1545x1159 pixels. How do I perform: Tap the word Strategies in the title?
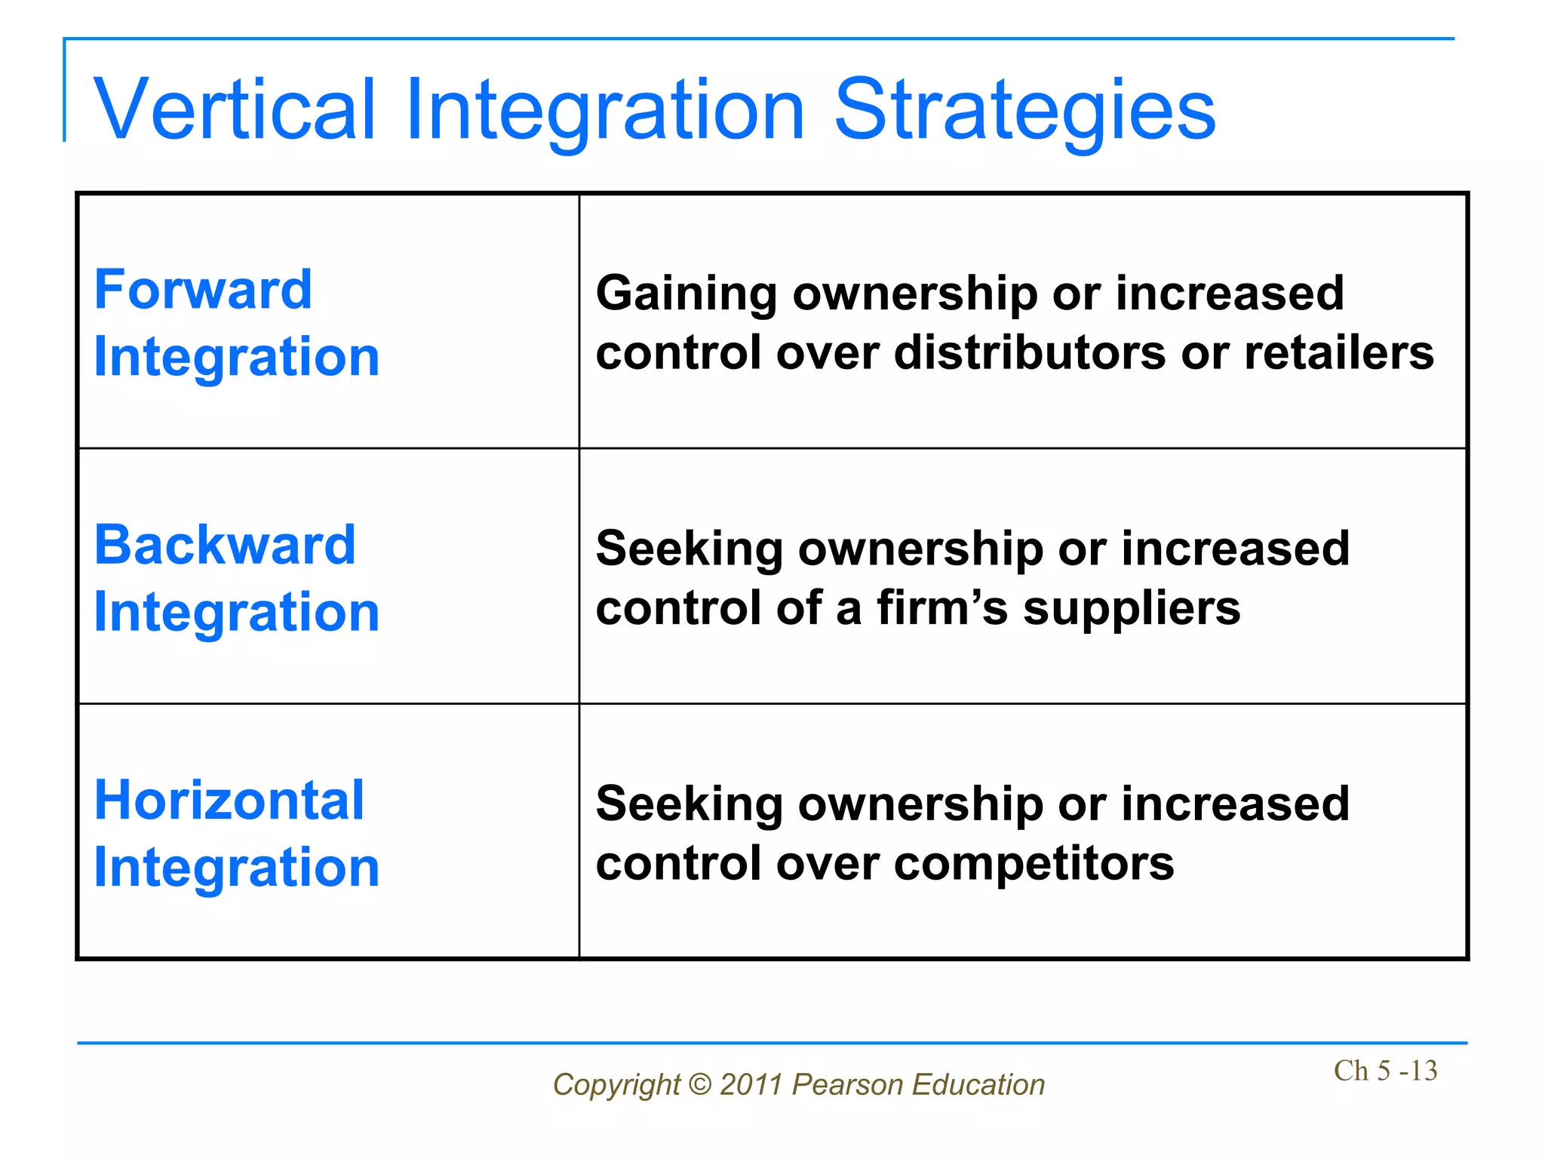pos(1024,112)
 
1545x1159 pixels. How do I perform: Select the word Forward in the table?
pos(203,290)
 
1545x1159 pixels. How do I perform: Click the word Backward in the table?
pos(225,545)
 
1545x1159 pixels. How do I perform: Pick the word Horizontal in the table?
pos(229,800)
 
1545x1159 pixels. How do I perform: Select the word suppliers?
pos(1131,609)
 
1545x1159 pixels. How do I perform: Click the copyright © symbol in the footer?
pos(701,1084)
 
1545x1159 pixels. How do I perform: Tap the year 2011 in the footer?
pos(751,1084)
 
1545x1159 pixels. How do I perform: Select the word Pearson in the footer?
pos(847,1084)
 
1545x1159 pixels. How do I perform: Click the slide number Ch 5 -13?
pos(1385,1071)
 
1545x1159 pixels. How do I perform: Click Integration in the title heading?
pos(605,112)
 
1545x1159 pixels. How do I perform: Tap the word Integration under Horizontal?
pos(236,867)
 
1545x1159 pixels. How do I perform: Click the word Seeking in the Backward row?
pos(690,549)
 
